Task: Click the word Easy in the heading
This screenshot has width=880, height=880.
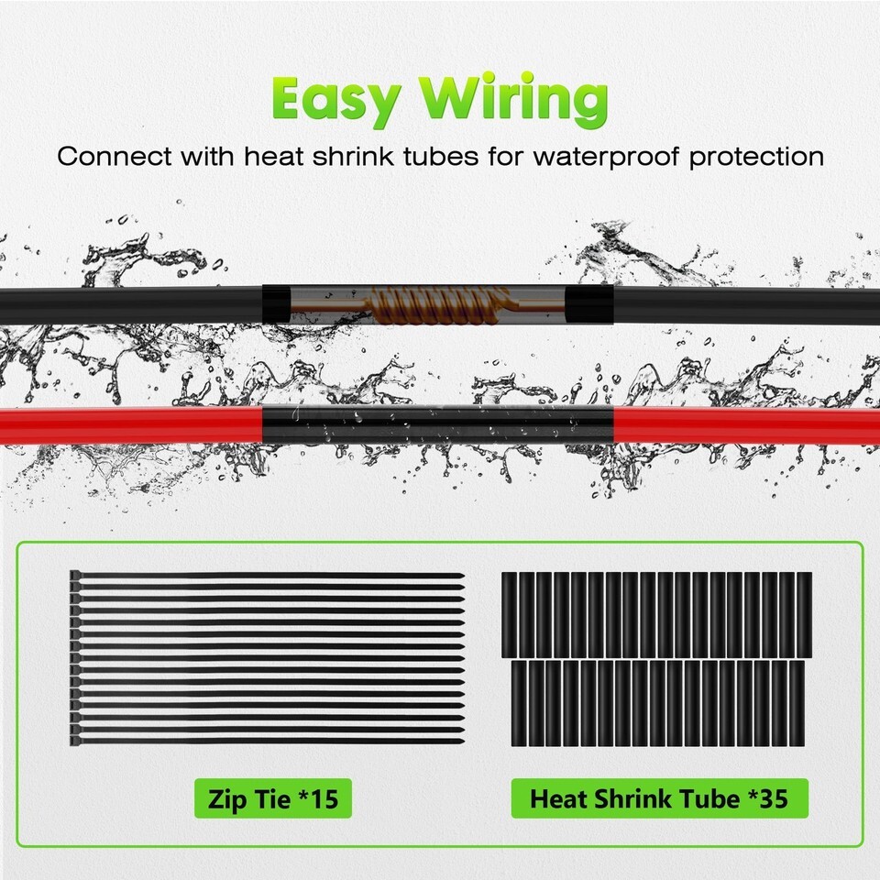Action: [x=336, y=99]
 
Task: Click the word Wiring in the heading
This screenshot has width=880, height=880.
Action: [x=513, y=99]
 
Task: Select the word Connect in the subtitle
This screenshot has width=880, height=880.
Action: [x=114, y=156]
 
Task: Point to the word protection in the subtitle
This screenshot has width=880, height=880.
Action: [x=756, y=157]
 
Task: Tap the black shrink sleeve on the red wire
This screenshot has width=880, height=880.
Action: [x=438, y=423]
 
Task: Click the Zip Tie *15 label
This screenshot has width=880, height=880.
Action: [x=273, y=798]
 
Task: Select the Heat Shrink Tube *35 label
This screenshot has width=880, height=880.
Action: [x=659, y=798]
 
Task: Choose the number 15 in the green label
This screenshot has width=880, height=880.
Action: [x=324, y=798]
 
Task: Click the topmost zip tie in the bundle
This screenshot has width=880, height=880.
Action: [x=267, y=576]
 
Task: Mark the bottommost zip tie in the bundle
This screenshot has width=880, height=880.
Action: [x=267, y=741]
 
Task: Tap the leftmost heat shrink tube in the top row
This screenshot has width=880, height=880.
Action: [x=509, y=615]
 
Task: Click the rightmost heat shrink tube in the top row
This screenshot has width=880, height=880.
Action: [x=804, y=615]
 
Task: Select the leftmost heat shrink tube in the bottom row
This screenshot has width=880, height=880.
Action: [x=519, y=703]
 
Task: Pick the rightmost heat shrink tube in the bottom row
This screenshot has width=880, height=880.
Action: [x=797, y=703]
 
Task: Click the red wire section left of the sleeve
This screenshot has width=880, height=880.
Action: [x=131, y=425]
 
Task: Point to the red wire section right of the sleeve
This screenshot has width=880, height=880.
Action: [x=746, y=425]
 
